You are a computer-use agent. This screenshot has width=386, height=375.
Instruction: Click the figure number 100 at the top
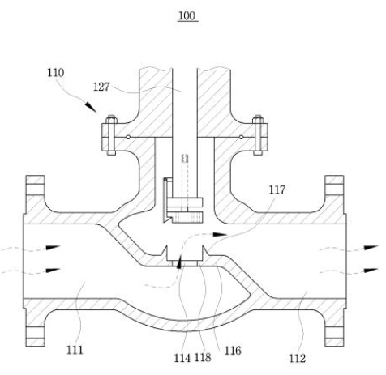[187, 15]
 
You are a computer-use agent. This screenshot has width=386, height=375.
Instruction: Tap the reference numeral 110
[56, 73]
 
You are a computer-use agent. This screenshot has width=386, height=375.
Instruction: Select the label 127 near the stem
[101, 87]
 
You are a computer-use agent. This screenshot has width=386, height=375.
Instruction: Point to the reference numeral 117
[277, 190]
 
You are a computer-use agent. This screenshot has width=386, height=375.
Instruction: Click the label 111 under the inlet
[75, 350]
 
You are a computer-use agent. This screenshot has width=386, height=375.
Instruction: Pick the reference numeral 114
[182, 358]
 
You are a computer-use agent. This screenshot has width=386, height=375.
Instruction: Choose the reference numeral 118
[203, 357]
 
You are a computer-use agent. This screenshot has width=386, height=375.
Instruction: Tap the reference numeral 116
[233, 351]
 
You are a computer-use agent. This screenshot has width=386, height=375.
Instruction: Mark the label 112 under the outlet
[298, 358]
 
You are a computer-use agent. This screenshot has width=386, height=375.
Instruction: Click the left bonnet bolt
[111, 135]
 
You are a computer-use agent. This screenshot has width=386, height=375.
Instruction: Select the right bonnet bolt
[258, 135]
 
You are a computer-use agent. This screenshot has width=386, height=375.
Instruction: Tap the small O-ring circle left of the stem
[128, 138]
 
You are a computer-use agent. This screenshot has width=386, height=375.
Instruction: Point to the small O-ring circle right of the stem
[241, 138]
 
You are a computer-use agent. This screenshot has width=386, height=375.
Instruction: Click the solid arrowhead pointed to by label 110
[91, 107]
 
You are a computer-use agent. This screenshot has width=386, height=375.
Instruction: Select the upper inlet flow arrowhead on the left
[53, 247]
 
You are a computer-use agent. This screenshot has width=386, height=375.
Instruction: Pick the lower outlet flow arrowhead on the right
[371, 270]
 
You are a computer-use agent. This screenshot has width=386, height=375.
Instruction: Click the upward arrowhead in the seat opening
[178, 262]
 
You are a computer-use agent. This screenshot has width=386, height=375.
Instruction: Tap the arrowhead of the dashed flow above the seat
[220, 234]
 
